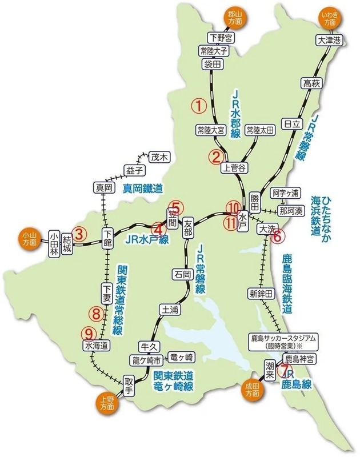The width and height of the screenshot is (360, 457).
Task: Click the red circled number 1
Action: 197,105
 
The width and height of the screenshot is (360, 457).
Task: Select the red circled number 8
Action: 96,312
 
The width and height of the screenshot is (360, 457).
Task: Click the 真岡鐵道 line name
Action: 143,188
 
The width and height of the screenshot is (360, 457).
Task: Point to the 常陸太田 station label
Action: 260,130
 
